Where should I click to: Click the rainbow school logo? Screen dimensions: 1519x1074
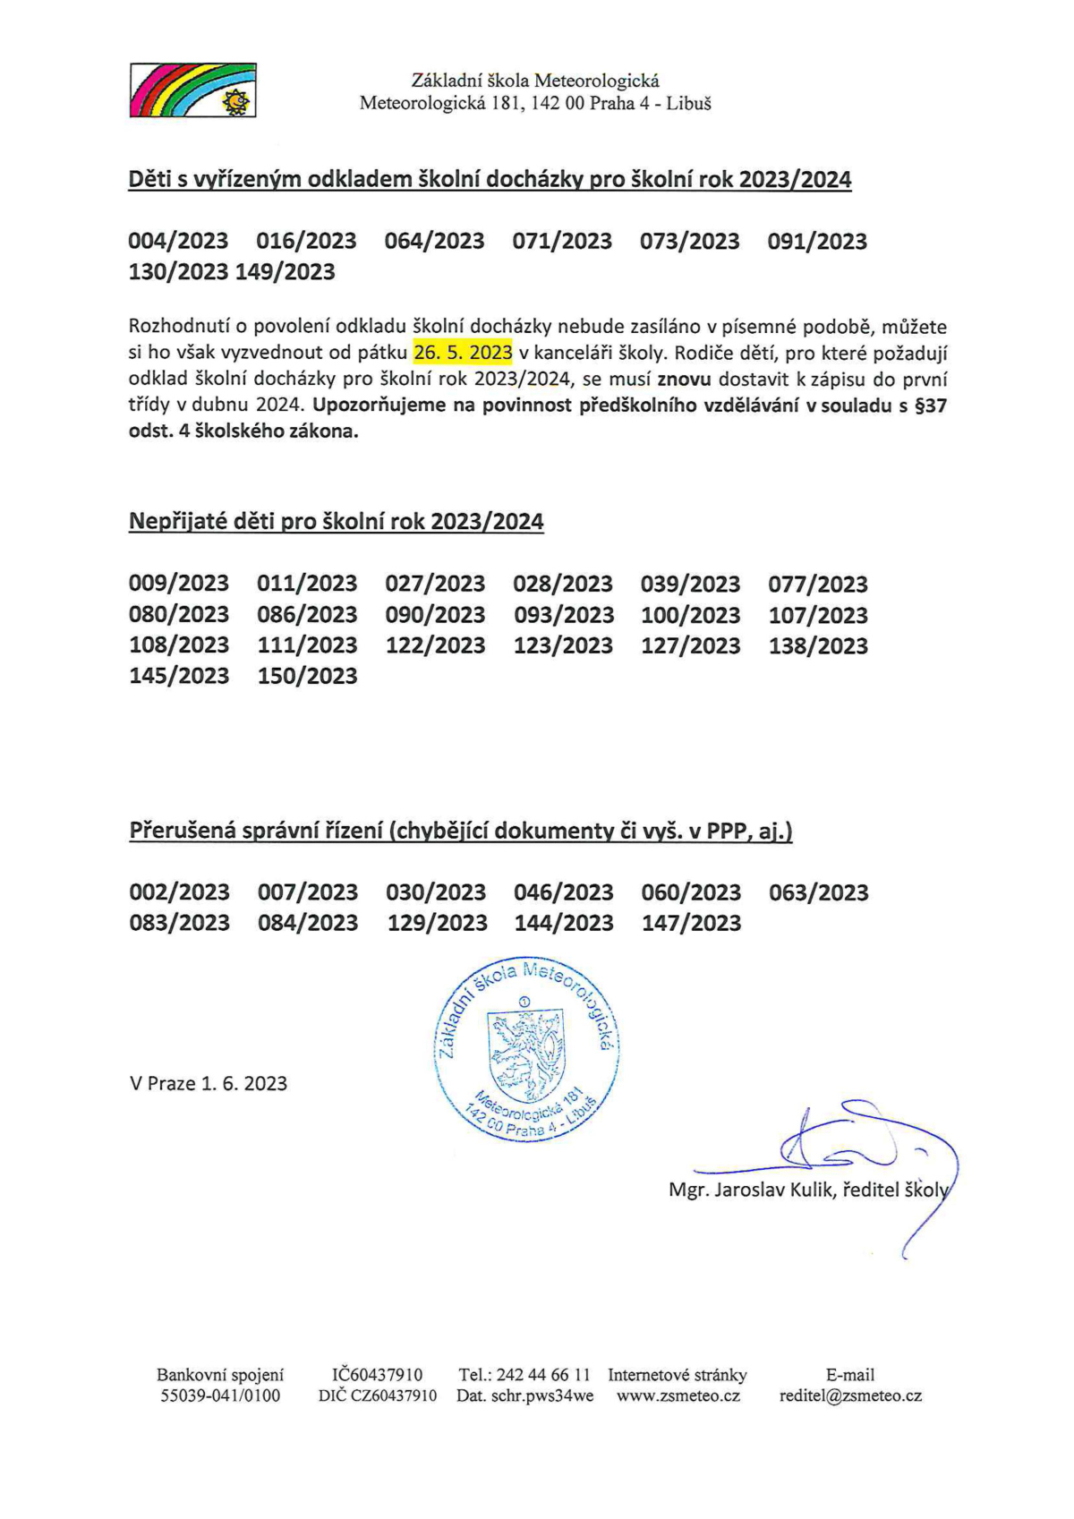[192, 90]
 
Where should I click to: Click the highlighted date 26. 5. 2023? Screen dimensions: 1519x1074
[463, 353]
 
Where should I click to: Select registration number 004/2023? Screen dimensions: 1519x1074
[178, 241]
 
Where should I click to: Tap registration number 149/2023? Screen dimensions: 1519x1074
[285, 272]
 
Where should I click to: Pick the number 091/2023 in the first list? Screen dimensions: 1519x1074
[817, 242]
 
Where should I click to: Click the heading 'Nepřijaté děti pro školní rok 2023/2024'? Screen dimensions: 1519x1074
[336, 522]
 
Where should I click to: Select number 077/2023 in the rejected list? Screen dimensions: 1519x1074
[818, 585]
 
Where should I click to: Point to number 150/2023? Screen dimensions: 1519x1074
[307, 676]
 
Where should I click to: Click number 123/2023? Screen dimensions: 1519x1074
[563, 645]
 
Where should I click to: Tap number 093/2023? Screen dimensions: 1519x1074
[564, 615]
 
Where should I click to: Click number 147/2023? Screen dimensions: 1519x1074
[691, 923]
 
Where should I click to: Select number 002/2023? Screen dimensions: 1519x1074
[179, 892]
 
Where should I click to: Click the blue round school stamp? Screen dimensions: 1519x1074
[526, 1051]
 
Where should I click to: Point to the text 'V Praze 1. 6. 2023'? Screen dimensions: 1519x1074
[209, 1084]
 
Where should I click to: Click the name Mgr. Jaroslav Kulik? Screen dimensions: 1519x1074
[750, 1190]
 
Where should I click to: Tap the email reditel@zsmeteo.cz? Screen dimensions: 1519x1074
[850, 1395]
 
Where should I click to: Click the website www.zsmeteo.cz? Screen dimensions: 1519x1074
[678, 1395]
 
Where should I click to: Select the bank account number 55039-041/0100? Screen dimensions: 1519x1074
[220, 1395]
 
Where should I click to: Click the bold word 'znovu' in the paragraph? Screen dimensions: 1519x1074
[684, 380]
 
